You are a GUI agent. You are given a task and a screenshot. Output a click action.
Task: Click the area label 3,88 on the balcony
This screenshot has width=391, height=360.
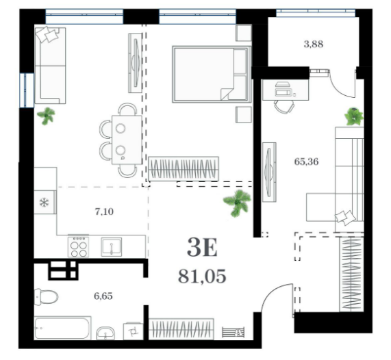coord(314,44)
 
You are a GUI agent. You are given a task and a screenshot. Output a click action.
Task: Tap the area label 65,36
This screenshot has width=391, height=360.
coord(306,162)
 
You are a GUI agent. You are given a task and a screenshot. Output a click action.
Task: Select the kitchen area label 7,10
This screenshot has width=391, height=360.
coord(104,211)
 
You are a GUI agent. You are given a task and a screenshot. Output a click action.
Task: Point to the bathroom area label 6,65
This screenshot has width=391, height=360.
coord(103,296)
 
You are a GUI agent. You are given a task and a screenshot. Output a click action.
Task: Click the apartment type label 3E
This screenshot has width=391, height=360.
coord(202,247)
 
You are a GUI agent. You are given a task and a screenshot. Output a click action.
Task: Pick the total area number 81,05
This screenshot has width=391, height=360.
coord(202,277)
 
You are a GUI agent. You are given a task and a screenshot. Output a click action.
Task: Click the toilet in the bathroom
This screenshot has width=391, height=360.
coord(46,297)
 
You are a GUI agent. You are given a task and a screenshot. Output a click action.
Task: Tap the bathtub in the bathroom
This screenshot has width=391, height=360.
coord(62,328)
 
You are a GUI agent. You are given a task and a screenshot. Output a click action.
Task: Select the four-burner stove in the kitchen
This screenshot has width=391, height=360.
coord(78,246)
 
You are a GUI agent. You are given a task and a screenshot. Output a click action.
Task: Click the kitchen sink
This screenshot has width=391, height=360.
coord(112,247)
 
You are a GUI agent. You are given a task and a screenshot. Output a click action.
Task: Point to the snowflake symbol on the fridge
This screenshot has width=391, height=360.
coord(45,202)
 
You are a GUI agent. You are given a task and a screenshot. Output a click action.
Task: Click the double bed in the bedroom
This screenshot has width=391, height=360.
coord(212,75)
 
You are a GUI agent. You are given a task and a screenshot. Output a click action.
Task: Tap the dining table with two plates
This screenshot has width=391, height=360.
coord(127,140)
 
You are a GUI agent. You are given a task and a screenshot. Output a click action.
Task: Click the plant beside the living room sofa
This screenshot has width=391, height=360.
coord(46,116)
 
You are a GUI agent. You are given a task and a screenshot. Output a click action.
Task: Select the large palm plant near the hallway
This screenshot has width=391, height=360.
coord(237,203)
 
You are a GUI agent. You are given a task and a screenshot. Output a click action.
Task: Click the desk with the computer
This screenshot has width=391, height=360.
coord(286,90)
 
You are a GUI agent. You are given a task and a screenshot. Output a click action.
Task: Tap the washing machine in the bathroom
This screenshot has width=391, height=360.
coord(133,331)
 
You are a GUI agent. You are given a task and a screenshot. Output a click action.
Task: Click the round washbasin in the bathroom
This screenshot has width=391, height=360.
coord(105,333)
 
